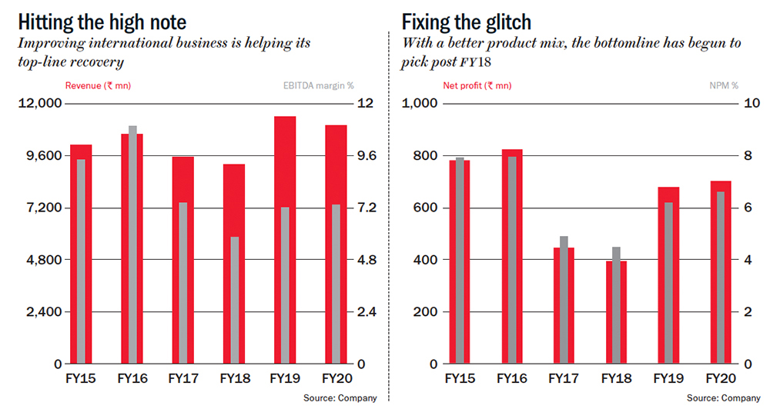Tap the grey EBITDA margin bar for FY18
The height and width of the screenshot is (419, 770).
click(234, 300)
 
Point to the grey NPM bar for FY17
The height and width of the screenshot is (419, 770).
click(564, 300)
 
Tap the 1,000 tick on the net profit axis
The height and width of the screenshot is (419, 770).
click(420, 104)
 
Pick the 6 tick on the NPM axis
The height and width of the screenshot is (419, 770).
click(745, 208)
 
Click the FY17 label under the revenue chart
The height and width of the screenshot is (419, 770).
click(183, 378)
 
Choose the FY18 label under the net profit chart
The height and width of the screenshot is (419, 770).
click(616, 378)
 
